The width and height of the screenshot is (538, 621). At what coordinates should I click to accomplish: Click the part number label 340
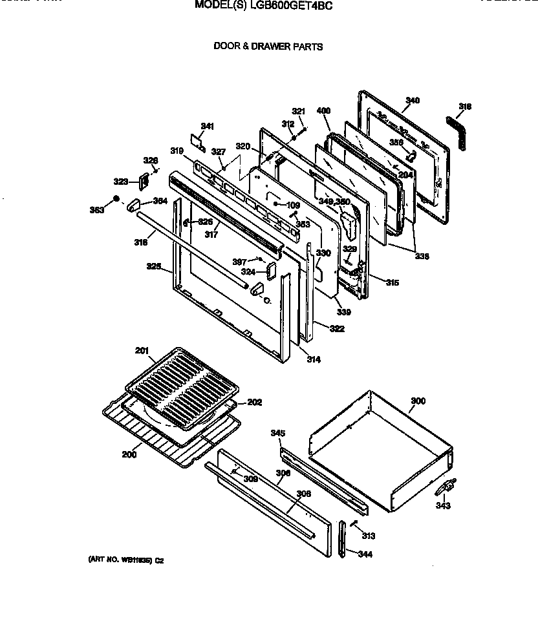[413, 100]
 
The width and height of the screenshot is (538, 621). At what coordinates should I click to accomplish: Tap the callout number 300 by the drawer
[418, 401]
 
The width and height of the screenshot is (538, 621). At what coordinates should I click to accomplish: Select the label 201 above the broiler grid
[142, 351]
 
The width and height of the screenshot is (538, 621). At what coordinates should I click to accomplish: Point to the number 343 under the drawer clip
[442, 505]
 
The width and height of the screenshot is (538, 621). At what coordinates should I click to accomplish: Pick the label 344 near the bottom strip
[365, 554]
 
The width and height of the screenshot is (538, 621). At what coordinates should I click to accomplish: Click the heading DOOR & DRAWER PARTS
[268, 47]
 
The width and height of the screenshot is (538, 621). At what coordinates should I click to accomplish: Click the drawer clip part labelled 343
[447, 486]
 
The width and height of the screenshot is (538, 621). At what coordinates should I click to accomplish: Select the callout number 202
[254, 402]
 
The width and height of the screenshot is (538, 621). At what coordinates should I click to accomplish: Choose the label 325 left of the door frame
[153, 266]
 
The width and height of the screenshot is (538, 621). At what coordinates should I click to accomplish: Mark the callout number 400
[324, 111]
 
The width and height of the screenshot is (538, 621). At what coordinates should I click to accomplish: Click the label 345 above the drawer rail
[278, 433]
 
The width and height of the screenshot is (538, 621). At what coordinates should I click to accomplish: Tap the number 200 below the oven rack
[129, 454]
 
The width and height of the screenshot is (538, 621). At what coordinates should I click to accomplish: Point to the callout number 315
[392, 282]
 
